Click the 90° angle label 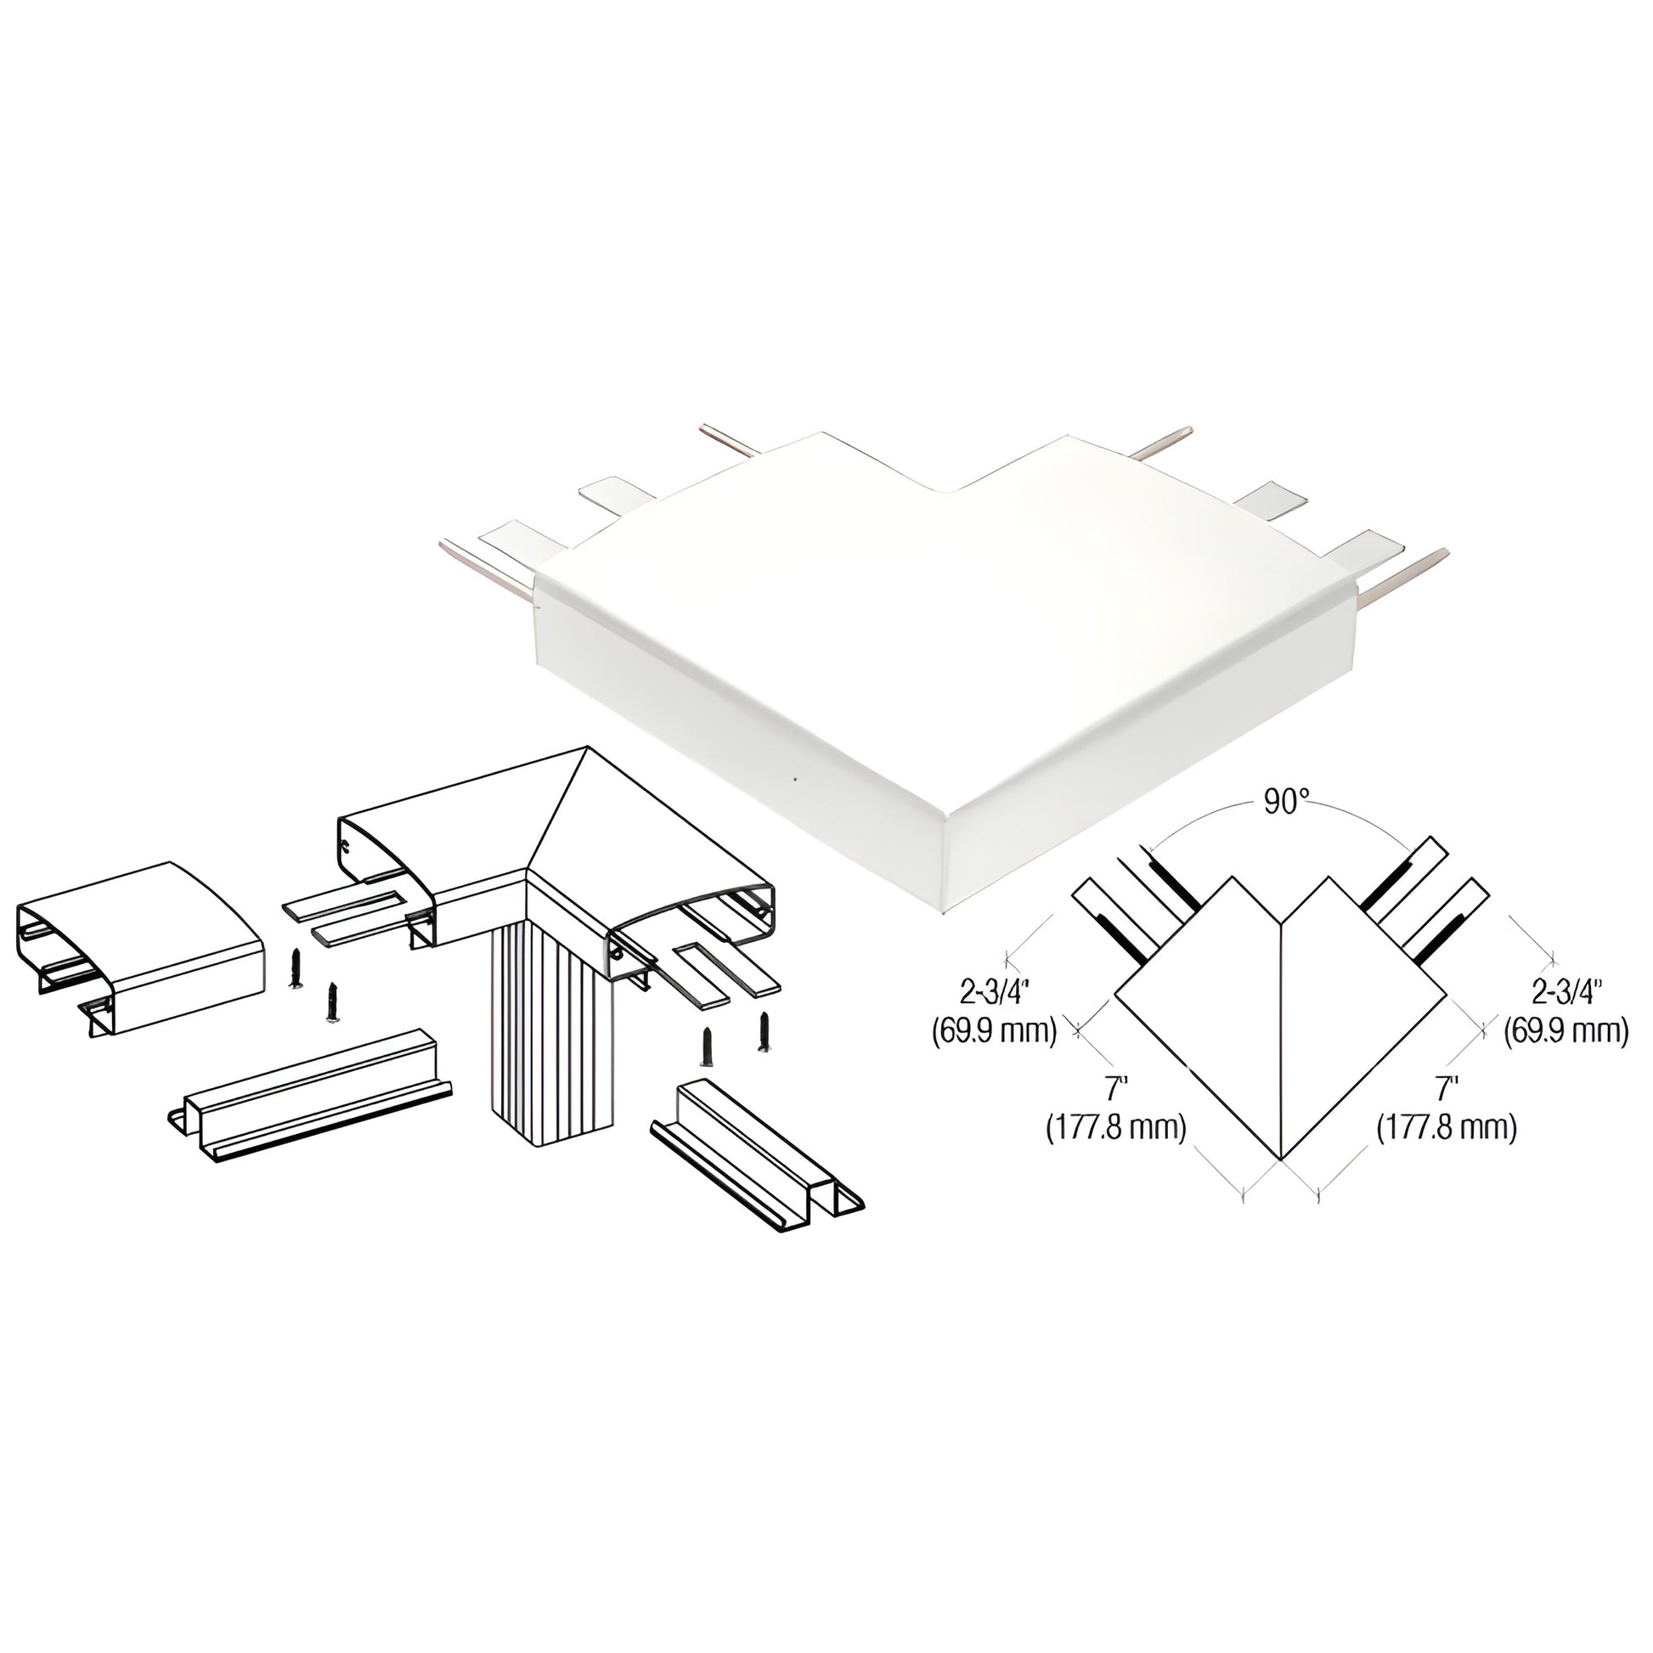pos(1287,803)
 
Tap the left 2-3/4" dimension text pos(994,992)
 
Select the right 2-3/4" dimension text pos(1566,992)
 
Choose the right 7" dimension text pos(1447,1089)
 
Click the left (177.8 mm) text pos(1115,1128)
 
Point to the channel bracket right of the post pos(758,1155)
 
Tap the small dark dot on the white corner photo pos(795,780)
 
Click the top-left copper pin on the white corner pos(728,440)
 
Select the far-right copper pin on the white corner pos(1403,568)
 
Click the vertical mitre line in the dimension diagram pos(1281,1040)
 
